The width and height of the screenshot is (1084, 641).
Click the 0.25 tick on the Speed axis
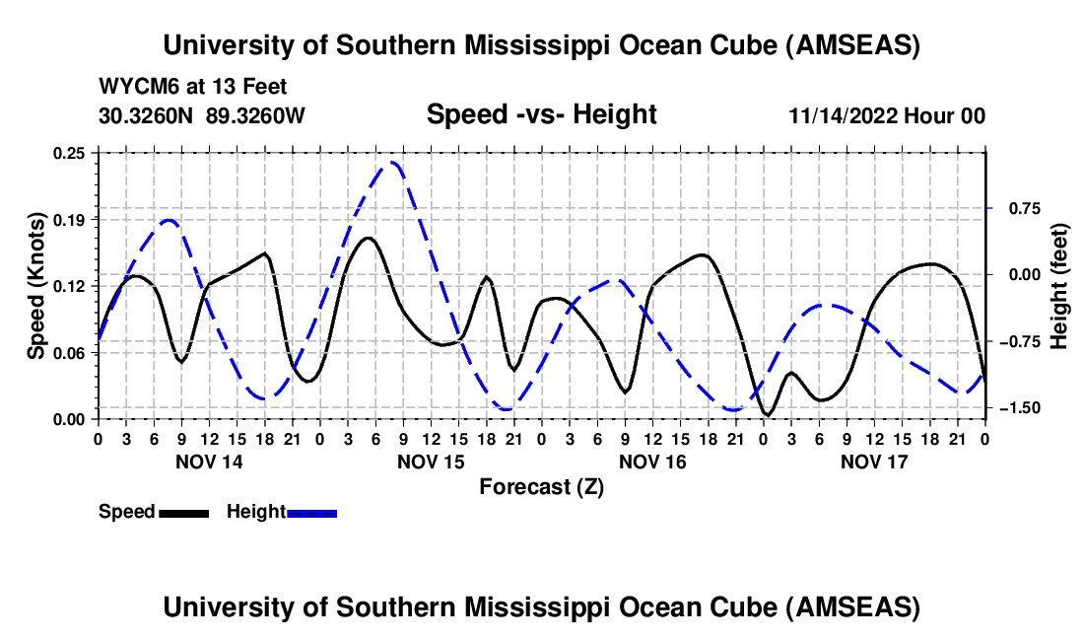click(x=70, y=153)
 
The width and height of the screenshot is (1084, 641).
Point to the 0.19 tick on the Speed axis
click(x=70, y=219)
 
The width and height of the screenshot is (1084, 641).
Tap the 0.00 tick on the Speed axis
click(x=70, y=419)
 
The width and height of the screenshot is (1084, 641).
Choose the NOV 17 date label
click(x=873, y=462)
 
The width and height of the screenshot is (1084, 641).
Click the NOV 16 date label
click(x=651, y=462)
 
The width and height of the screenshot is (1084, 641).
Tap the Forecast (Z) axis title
click(x=541, y=486)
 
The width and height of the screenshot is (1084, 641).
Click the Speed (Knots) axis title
click(x=36, y=286)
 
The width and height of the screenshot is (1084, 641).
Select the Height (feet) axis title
click(x=1060, y=286)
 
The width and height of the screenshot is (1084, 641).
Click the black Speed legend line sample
click(x=183, y=512)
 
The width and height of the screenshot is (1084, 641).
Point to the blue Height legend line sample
click(x=311, y=512)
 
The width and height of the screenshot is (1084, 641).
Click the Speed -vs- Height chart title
click(x=541, y=114)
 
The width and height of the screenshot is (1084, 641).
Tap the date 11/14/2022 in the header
click(x=837, y=116)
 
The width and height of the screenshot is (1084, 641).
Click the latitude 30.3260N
click(x=148, y=115)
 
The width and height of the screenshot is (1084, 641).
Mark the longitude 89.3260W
click(x=256, y=115)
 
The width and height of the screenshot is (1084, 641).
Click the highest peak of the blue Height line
click(x=392, y=163)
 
